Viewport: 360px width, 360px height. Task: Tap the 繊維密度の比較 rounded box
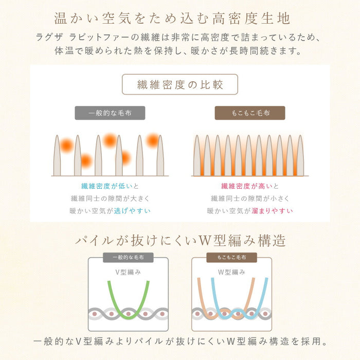[x=180, y=84]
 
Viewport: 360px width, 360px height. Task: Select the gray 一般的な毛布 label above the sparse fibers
[x=110, y=113]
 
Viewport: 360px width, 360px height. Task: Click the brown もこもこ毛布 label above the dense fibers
[x=250, y=113]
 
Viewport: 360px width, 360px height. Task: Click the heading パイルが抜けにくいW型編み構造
[x=180, y=241]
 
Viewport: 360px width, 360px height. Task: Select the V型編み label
[x=128, y=271]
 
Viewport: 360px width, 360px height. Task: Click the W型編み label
[x=231, y=271]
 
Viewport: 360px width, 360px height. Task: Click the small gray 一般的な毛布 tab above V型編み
[x=128, y=258]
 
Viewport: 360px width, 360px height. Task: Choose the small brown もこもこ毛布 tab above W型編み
[x=231, y=258]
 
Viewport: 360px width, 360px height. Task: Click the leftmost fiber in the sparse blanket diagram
[x=57, y=157]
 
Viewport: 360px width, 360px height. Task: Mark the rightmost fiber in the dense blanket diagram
[x=300, y=157]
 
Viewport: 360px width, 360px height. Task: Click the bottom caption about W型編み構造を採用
[x=180, y=341]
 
